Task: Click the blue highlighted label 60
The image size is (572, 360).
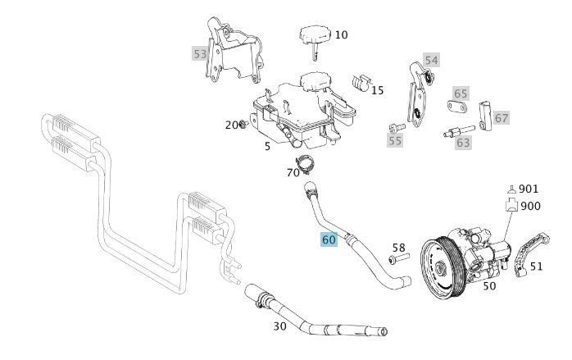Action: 329,240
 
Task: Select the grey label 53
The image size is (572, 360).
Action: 200,53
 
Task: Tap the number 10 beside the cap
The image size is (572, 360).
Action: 341,34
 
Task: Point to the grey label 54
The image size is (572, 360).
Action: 431,60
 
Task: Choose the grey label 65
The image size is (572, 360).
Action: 461,93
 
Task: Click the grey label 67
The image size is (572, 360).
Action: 502,118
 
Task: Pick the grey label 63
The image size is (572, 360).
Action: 463,142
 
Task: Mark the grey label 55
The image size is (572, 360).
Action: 395,141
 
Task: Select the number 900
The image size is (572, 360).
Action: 529,206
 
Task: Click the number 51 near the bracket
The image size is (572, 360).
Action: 536,266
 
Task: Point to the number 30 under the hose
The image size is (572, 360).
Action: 279,326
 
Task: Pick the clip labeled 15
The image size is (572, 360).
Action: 359,82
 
